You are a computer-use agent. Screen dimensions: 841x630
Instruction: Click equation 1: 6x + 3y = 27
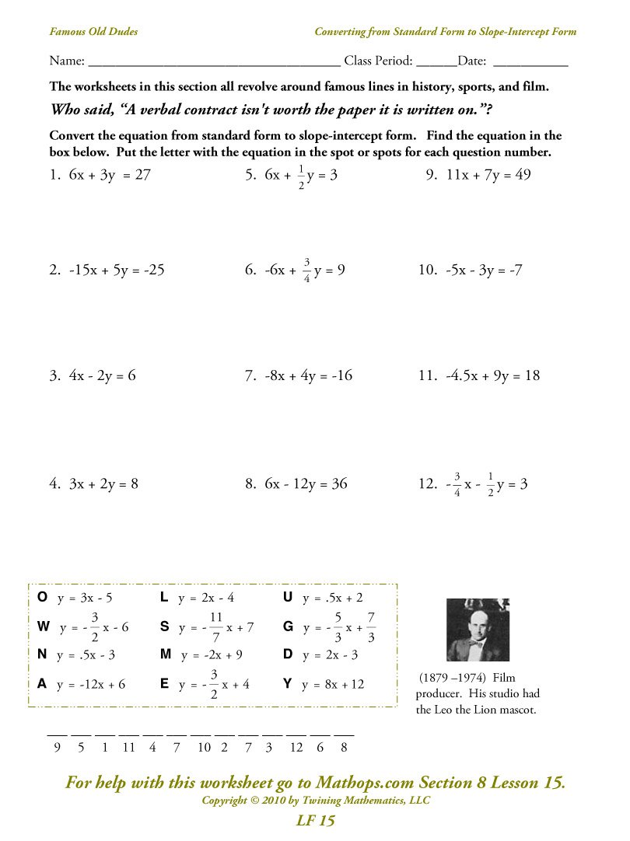pyautogui.click(x=100, y=175)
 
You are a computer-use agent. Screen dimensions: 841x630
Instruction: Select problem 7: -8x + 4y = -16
pyautogui.click(x=298, y=376)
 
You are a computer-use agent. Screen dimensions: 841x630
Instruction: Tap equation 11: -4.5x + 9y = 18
pyautogui.click(x=479, y=376)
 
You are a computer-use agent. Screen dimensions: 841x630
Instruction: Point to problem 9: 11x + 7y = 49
pyautogui.click(x=478, y=175)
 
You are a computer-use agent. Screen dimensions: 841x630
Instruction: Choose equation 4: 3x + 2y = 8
pyautogui.click(x=93, y=483)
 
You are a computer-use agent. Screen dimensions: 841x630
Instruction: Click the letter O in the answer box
pyautogui.click(x=42, y=597)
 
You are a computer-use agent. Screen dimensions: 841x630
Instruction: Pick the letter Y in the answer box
pyautogui.click(x=288, y=684)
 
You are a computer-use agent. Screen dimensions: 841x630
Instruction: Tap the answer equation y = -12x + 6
pyautogui.click(x=92, y=685)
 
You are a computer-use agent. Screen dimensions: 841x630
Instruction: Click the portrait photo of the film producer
pyautogui.click(x=478, y=630)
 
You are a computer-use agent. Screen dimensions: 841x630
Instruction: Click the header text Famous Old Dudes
pyautogui.click(x=93, y=32)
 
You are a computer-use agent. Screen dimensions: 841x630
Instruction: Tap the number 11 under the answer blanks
pyautogui.click(x=129, y=748)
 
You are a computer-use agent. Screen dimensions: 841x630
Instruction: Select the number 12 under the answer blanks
pyautogui.click(x=296, y=748)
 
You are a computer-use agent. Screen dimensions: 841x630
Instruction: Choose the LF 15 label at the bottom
pyautogui.click(x=315, y=821)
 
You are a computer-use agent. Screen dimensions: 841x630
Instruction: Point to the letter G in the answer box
pyautogui.click(x=288, y=626)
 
